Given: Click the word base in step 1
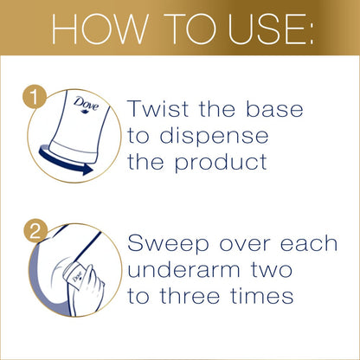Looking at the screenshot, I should pyautogui.click(x=286, y=111).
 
